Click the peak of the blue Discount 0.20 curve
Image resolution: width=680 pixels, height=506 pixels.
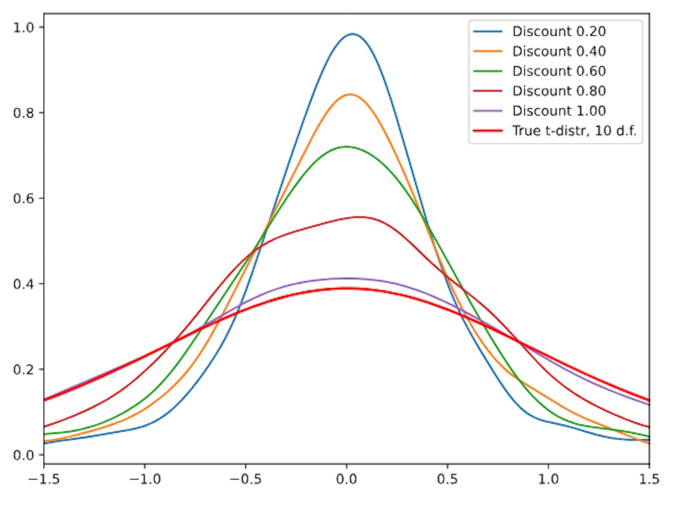click(352, 34)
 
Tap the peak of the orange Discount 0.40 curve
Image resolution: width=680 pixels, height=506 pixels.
click(350, 95)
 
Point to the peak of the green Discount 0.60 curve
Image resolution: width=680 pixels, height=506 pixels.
click(346, 147)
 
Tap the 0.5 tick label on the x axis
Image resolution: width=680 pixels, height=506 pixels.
click(448, 479)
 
